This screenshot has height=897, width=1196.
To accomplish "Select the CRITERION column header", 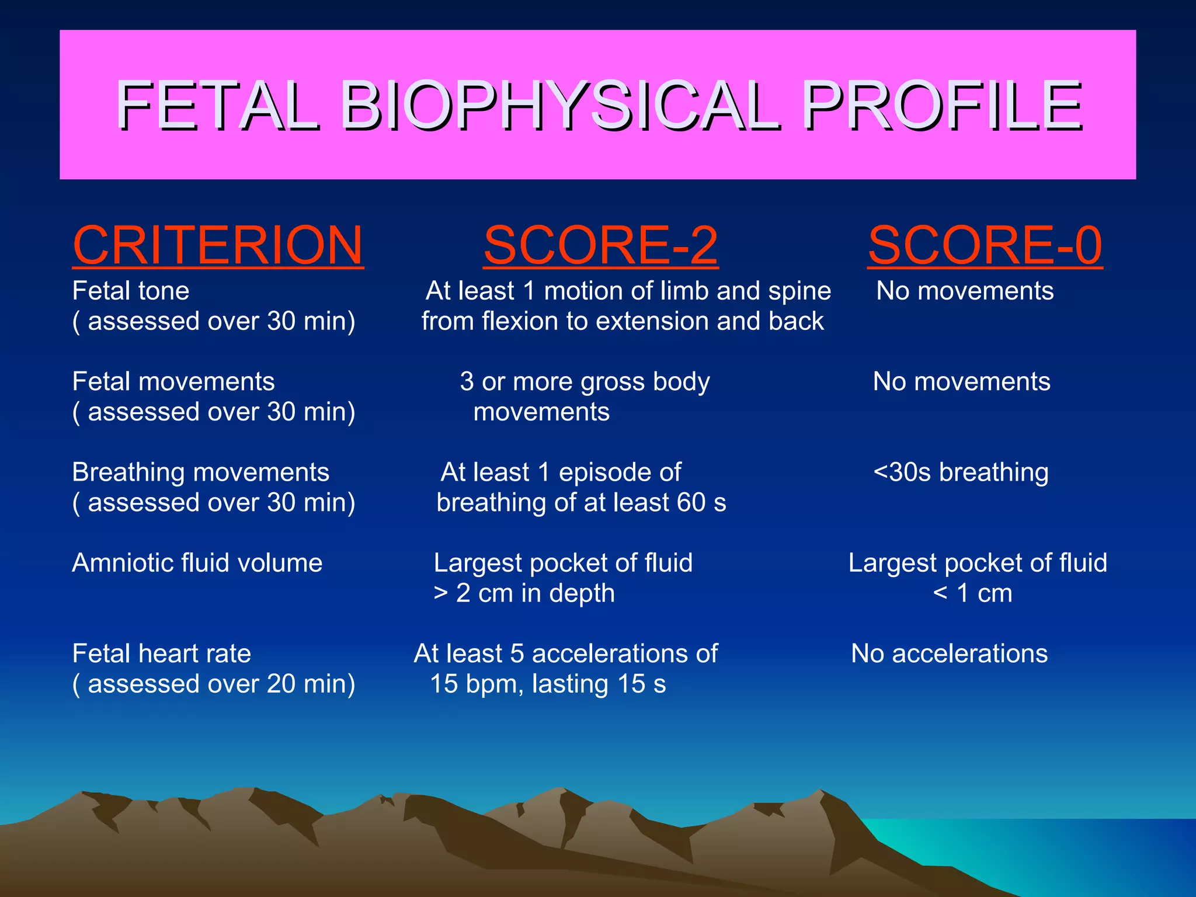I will click(218, 245).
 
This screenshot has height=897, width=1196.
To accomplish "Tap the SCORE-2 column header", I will click(601, 245).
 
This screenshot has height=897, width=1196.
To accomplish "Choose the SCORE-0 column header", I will click(985, 245).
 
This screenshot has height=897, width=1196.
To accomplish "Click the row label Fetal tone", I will click(131, 291).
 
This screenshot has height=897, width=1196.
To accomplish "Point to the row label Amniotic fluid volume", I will click(197, 563).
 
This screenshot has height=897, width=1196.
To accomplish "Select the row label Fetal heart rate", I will click(162, 653).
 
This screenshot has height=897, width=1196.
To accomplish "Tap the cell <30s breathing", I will click(961, 472).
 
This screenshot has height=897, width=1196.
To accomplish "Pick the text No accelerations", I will click(950, 653).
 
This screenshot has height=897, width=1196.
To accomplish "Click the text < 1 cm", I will click(972, 593).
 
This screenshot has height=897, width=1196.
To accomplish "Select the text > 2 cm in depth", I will click(524, 593).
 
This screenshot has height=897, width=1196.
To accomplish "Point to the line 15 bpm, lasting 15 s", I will click(548, 684).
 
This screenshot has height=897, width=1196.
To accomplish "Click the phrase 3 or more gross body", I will click(585, 382).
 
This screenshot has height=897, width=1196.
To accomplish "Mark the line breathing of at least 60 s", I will click(581, 503).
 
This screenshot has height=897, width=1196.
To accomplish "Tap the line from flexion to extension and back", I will click(623, 321).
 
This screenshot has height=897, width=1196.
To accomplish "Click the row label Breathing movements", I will click(201, 472).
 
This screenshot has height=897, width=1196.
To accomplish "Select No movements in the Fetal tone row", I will click(965, 291).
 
